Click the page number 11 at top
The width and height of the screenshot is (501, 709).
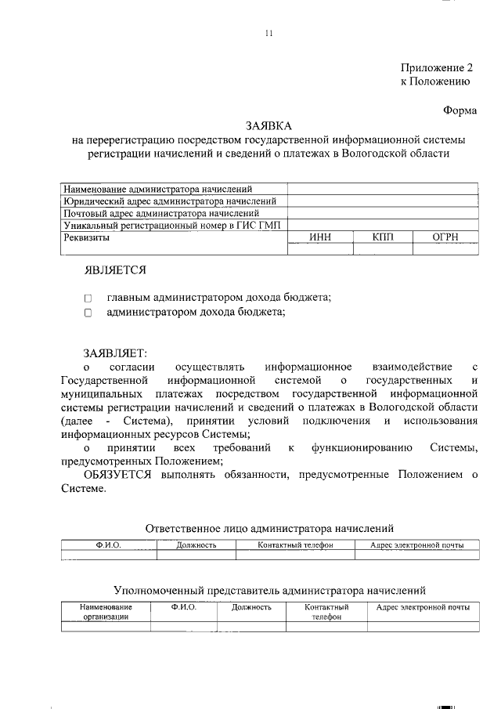pos(269,33)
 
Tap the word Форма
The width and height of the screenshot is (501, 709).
pos(460,111)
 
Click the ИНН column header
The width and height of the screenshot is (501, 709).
pos(321,236)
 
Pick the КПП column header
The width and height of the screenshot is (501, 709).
pos(384,236)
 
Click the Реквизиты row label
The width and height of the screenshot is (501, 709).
pos(88,236)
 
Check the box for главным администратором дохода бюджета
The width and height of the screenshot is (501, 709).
pos(88,298)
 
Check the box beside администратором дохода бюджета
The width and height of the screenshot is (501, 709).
pos(88,313)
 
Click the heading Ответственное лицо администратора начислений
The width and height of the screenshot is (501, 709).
pos(269,529)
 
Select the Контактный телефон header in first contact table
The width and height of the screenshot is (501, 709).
pos(295,544)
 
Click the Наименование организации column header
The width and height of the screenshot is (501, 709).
pos(106,612)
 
